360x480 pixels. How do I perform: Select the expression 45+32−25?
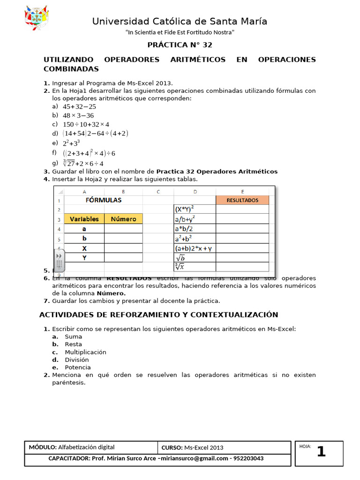point(79,106)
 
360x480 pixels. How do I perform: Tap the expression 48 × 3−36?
point(78,115)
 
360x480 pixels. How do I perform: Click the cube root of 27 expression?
point(83,163)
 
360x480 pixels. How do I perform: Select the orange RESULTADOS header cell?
point(242,200)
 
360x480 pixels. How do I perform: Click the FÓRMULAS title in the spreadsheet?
point(103,200)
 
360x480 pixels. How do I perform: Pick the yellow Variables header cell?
point(84,219)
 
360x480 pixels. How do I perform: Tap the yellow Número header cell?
point(123,219)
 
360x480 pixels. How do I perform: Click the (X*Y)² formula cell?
point(195,210)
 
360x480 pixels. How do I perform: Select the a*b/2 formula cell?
point(195,229)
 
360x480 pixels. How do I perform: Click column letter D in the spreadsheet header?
point(195,191)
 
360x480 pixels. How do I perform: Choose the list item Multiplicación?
point(85,352)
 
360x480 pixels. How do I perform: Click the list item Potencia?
point(78,367)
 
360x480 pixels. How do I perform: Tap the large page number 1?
point(321,452)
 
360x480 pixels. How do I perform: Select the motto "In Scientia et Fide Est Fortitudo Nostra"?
point(180,32)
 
